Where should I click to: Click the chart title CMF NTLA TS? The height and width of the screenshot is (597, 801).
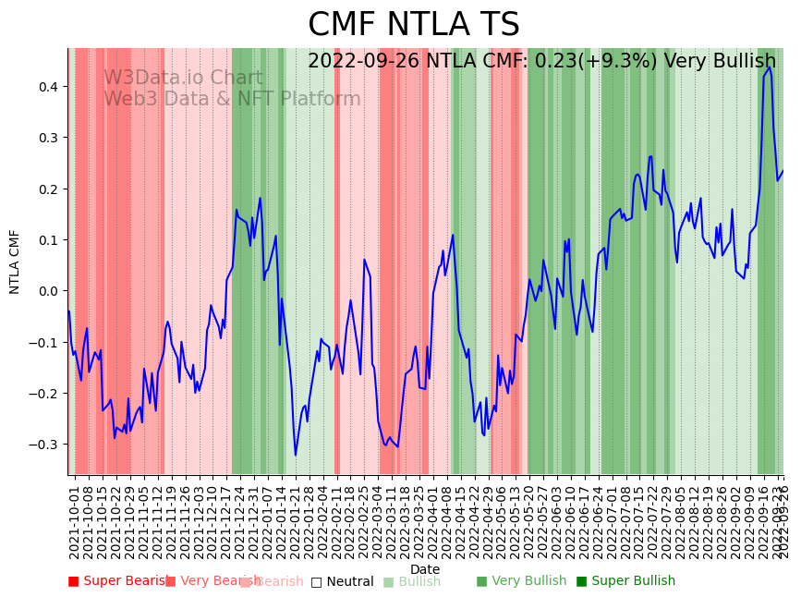[413, 25]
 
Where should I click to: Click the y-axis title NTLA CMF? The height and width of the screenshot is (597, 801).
[15, 262]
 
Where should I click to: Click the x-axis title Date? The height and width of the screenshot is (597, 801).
[425, 569]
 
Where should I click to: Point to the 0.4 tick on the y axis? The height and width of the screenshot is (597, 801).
[47, 87]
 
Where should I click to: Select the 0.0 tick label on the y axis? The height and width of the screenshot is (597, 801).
[47, 291]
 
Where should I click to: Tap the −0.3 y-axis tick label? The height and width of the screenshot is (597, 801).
[44, 445]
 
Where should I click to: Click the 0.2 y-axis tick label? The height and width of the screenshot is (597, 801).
[47, 189]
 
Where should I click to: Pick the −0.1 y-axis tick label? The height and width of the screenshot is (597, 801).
[44, 342]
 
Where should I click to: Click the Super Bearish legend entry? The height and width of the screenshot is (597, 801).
[115, 581]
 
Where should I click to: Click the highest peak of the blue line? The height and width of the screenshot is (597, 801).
[769, 67]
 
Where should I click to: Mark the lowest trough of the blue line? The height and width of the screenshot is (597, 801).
[296, 455]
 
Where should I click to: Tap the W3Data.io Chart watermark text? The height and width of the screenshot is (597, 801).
[183, 78]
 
